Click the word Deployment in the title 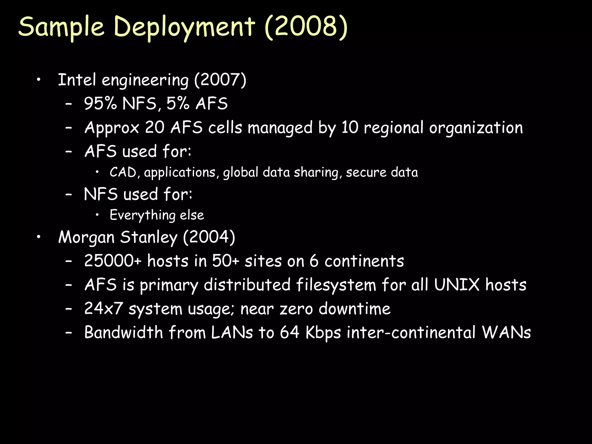point(184,27)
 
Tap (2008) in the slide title point(306,27)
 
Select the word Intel point(77,80)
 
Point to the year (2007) point(220,80)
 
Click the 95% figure point(101,103)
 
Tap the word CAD point(123,173)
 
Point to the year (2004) point(209,237)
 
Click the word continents point(364,261)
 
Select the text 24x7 point(103,308)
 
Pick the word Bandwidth point(124,332)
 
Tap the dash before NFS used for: point(69,195)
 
